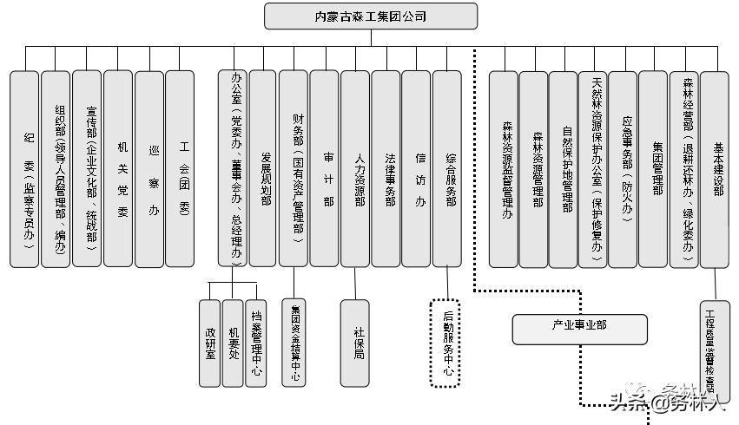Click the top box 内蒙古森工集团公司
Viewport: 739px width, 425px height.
click(371, 16)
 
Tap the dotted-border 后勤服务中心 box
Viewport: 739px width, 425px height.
click(447, 342)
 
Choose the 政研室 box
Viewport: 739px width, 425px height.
click(209, 342)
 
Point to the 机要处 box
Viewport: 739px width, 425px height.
click(233, 342)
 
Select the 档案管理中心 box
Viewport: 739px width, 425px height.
click(255, 342)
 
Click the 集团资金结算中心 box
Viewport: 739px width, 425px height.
click(294, 342)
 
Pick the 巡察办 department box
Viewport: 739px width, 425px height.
click(149, 168)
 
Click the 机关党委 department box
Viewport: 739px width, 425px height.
click(118, 168)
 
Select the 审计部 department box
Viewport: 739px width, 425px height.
click(324, 168)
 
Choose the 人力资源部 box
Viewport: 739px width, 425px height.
click(355, 168)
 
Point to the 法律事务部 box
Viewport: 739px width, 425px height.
click(386, 168)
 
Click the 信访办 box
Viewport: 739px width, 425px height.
click(416, 168)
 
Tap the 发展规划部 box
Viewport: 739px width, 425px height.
click(263, 168)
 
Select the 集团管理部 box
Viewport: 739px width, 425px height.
click(653, 168)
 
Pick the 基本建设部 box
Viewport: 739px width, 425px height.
click(714, 168)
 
